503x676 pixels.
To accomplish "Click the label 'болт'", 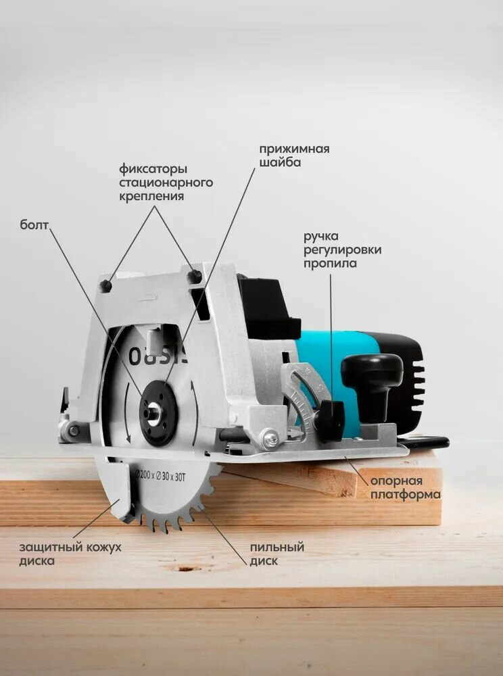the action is (34, 224).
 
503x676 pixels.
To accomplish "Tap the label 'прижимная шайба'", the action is (293, 155).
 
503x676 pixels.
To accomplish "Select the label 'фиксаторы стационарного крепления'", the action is (166, 182).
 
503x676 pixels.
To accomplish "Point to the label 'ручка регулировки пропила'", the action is (341, 249).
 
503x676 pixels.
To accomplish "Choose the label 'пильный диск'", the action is (277, 554).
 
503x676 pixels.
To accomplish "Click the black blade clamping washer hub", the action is (159, 413).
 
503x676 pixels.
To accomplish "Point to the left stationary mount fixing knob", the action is (105, 286).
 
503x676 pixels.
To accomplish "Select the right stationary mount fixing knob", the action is (196, 276).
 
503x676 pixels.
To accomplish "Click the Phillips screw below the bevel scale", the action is (272, 439).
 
